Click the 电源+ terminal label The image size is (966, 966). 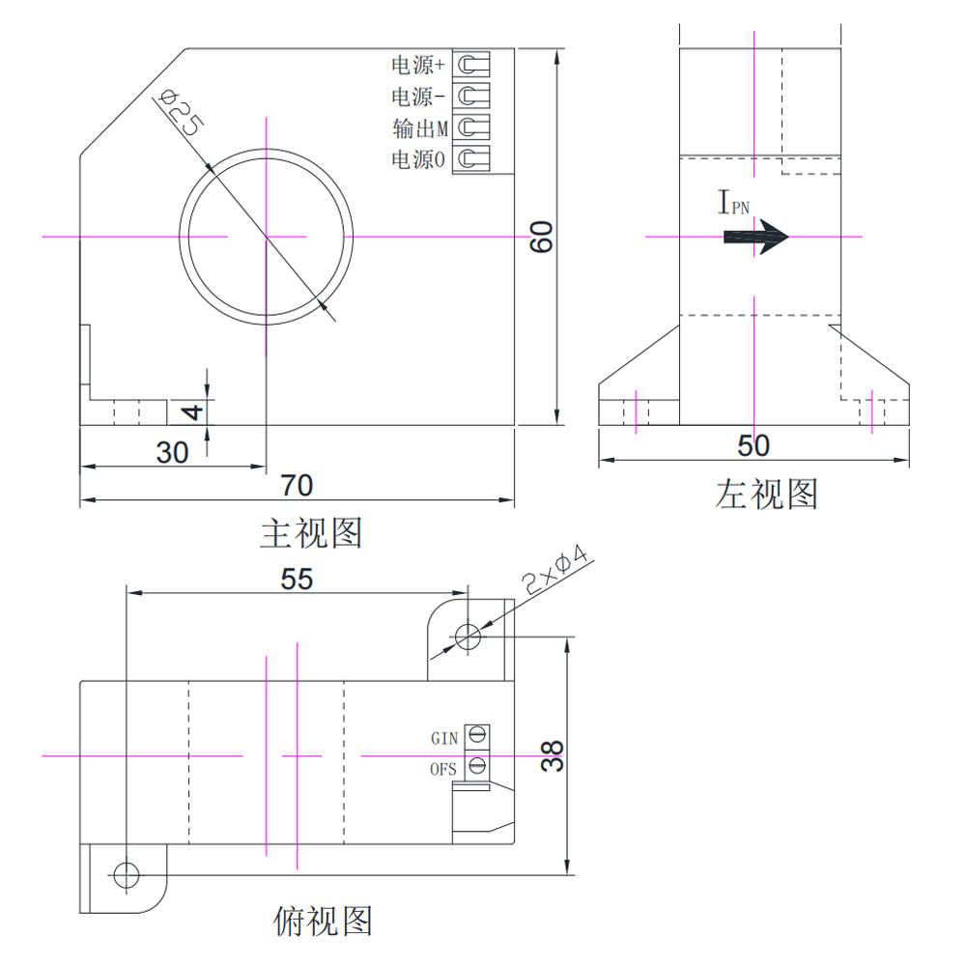(x=417, y=66)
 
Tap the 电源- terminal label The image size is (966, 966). (x=417, y=97)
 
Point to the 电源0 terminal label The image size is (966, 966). (x=417, y=159)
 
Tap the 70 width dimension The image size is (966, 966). (x=297, y=484)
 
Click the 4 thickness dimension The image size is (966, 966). (x=193, y=412)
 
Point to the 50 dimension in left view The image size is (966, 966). (x=753, y=445)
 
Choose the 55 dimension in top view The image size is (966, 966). (x=297, y=578)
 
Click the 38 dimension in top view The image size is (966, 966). (x=552, y=756)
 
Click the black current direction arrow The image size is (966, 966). (x=756, y=237)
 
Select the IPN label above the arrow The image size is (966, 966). (x=733, y=203)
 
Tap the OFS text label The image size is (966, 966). (x=442, y=770)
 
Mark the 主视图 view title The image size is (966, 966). (x=311, y=532)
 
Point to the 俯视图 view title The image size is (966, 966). (x=323, y=921)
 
